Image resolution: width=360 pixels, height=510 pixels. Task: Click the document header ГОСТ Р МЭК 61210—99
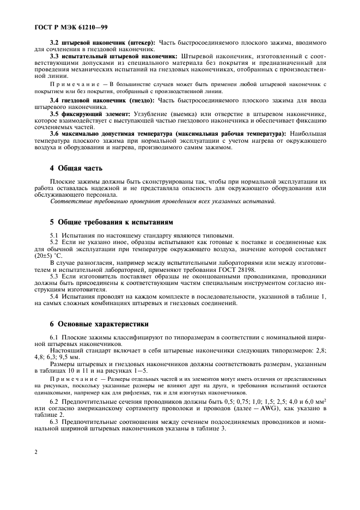[x=64, y=25]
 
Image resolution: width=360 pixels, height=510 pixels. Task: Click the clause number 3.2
[x=54, y=42]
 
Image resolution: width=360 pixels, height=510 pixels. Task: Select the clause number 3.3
[x=54, y=56]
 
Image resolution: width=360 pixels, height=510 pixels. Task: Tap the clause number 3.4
[x=54, y=100]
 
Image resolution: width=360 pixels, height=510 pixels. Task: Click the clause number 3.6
[x=54, y=133]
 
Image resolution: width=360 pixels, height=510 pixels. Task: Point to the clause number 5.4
[x=55, y=296]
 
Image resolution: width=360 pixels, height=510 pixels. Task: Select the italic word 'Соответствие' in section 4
[x=69, y=201]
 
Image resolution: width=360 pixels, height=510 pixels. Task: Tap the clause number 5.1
[x=55, y=235]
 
